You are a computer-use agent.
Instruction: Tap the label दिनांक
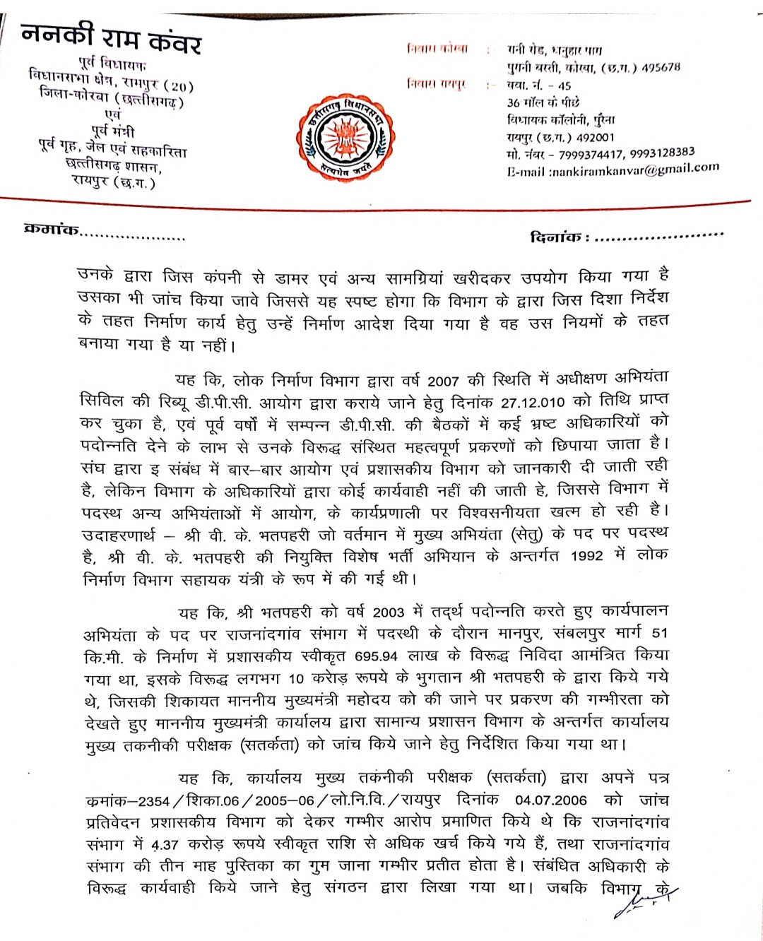(x=556, y=237)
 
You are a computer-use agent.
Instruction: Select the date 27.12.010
(x=533, y=402)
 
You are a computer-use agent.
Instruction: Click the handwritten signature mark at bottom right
(x=650, y=896)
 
